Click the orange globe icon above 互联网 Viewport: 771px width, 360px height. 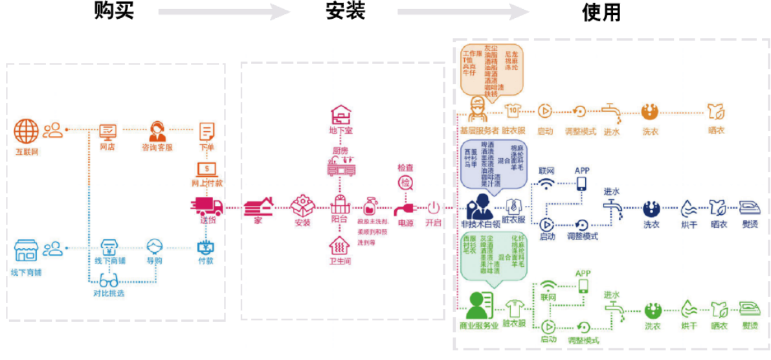pos(27,131)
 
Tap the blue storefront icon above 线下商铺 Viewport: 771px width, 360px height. pos(27,250)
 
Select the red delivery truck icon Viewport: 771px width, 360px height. pos(207,207)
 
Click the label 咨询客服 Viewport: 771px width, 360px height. pos(157,148)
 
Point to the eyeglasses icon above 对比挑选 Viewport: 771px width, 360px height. pos(108,280)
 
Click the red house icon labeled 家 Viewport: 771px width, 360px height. pos(258,207)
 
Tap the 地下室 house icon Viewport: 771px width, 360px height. pos(341,116)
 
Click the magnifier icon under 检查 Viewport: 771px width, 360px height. pos(406,183)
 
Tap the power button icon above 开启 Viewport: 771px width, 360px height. pos(432,208)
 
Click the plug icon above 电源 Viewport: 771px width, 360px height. pos(405,208)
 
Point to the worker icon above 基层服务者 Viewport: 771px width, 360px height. pos(477,109)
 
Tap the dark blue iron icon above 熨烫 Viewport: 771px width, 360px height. pos(750,208)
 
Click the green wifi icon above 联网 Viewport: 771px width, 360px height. pos(548,286)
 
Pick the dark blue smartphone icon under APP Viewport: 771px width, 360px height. pos(582,183)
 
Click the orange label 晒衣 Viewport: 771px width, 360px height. pos(716,130)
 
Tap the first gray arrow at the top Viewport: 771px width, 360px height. pos(224,12)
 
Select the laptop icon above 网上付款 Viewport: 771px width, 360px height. pos(207,170)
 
